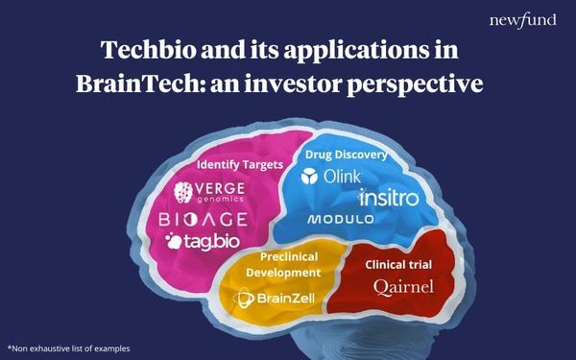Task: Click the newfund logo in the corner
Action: point(521,20)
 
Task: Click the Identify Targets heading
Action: point(239,164)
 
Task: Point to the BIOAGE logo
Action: point(203,220)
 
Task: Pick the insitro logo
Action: point(389,198)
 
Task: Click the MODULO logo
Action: point(339,220)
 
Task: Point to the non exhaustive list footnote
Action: point(68,348)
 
